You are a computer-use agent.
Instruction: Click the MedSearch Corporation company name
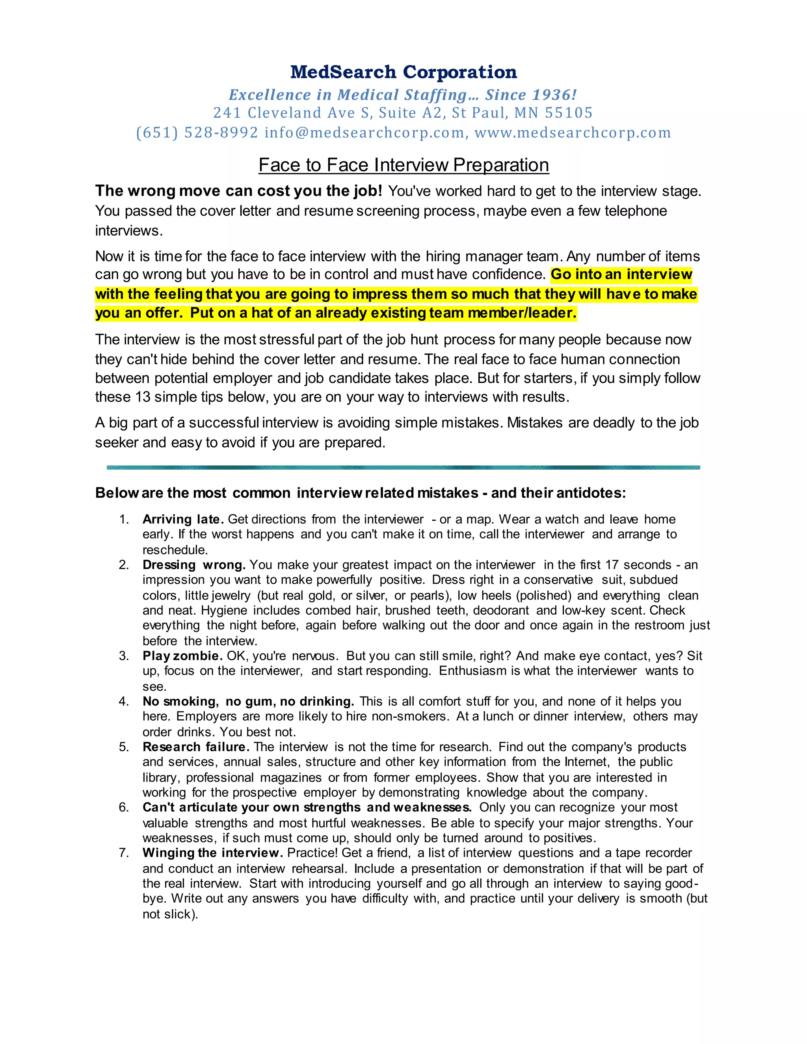(403, 72)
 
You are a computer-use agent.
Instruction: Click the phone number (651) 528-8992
(197, 132)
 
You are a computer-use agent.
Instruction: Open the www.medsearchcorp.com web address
(573, 132)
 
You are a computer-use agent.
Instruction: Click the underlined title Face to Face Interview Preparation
(403, 165)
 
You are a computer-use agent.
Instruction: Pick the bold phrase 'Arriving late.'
(183, 519)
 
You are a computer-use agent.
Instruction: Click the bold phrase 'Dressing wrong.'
(193, 565)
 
